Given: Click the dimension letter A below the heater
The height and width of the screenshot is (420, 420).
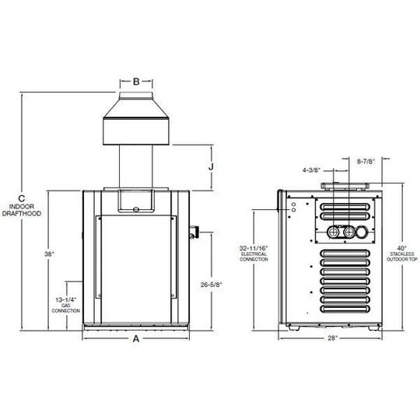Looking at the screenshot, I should click(x=136, y=338).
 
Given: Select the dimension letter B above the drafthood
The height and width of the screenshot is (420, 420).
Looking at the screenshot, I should click(x=136, y=80).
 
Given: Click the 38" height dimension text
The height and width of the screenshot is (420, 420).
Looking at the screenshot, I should click(x=49, y=254).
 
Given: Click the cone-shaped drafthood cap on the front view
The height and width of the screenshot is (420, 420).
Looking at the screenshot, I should click(x=136, y=124).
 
